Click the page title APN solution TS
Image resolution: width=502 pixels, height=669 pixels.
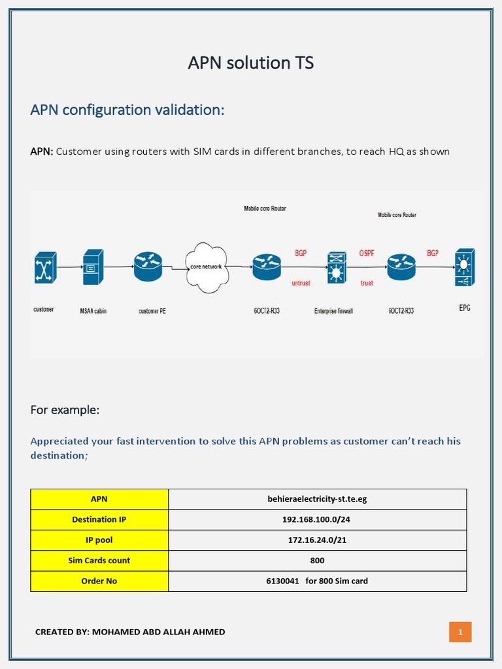pyautogui.click(x=251, y=63)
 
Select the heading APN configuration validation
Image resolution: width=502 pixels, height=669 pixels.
pyautogui.click(x=127, y=110)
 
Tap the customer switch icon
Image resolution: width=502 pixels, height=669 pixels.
pyautogui.click(x=45, y=267)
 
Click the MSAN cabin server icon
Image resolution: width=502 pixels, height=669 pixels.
pyautogui.click(x=92, y=267)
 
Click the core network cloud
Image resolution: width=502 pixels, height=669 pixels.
pyautogui.click(x=206, y=267)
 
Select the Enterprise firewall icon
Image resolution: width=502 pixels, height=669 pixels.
pyautogui.click(x=337, y=268)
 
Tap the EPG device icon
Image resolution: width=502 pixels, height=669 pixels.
pyautogui.click(x=465, y=267)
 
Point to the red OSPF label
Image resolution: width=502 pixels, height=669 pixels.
pyautogui.click(x=367, y=253)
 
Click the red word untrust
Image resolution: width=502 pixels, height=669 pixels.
pyautogui.click(x=301, y=284)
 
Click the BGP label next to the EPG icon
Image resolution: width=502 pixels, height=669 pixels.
pyautogui.click(x=433, y=253)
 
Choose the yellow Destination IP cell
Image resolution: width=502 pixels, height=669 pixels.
pyautogui.click(x=99, y=519)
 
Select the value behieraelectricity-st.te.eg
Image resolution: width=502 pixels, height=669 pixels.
pyautogui.click(x=317, y=499)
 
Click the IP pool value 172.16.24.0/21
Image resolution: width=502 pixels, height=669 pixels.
pyautogui.click(x=317, y=540)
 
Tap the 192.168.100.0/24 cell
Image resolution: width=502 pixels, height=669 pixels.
pyautogui.click(x=317, y=519)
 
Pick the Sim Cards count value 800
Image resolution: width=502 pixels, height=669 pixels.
pyautogui.click(x=317, y=560)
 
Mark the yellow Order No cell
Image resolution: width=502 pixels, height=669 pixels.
pyautogui.click(x=99, y=581)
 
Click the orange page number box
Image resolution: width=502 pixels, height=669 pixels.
pyautogui.click(x=460, y=632)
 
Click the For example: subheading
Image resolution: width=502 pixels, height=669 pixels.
pyautogui.click(x=65, y=410)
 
